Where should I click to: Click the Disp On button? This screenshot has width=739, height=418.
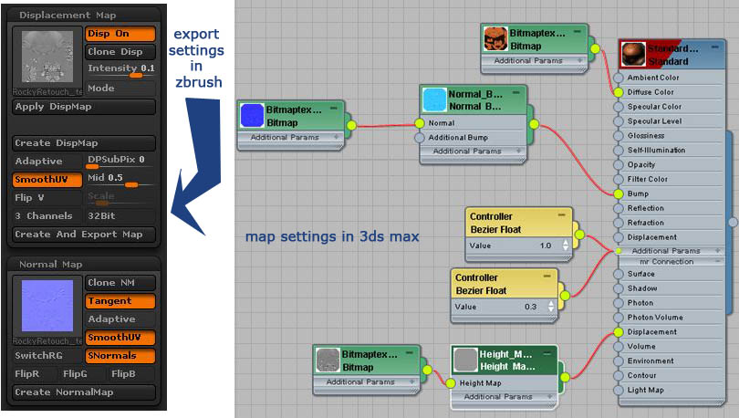tap(120, 34)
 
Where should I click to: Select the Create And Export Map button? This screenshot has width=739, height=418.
tap(85, 235)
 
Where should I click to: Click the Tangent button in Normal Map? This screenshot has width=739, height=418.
tap(120, 301)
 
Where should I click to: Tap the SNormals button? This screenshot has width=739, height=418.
tap(120, 356)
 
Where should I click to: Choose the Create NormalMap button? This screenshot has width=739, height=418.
tap(85, 392)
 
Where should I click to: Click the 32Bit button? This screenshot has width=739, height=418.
tap(120, 216)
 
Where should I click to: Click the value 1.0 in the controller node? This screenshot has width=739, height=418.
tap(546, 245)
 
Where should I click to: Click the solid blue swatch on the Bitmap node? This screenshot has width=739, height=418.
tap(251, 116)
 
